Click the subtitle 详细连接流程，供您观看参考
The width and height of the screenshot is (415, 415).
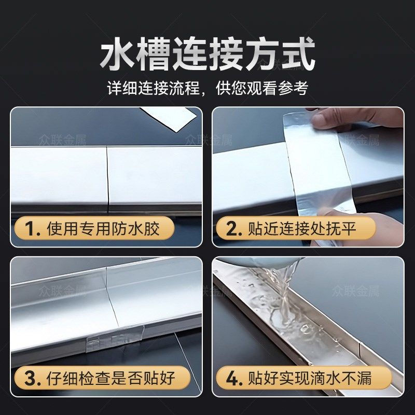tap(208, 88)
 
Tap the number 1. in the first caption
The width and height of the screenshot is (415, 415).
tap(31, 228)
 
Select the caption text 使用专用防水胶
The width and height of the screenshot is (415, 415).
tap(103, 228)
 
